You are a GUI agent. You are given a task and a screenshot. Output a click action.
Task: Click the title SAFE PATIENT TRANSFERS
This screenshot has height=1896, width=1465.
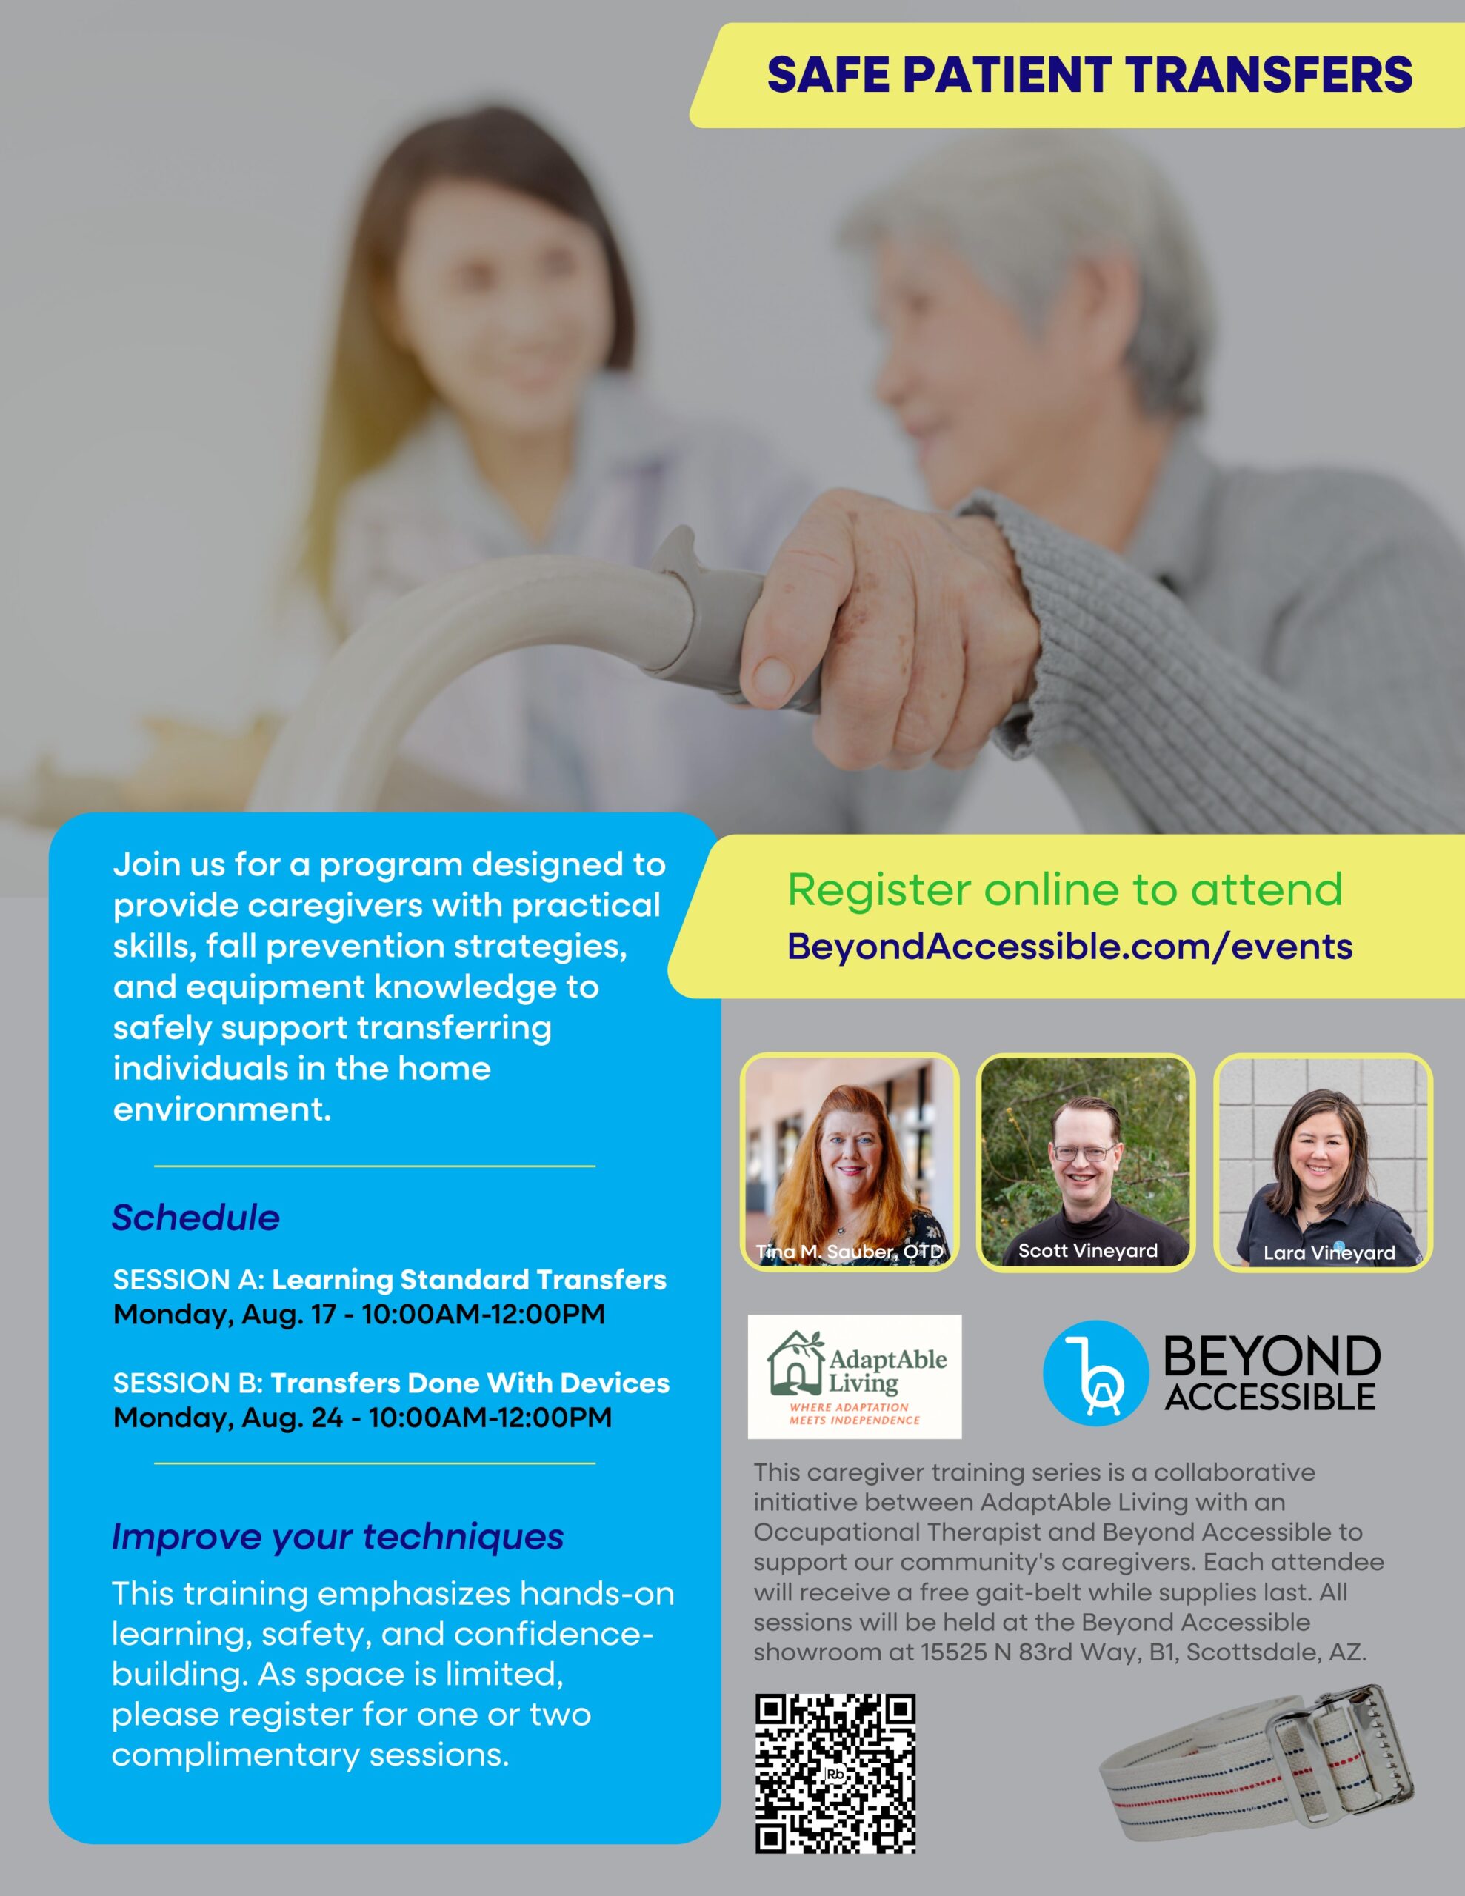click(x=1089, y=75)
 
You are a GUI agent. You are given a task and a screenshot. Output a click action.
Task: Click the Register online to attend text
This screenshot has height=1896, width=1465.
click(x=1064, y=889)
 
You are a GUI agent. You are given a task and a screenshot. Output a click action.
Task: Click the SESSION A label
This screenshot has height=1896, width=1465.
click(x=188, y=1280)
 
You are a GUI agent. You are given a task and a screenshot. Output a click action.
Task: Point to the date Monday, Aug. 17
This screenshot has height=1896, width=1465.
click(x=224, y=1315)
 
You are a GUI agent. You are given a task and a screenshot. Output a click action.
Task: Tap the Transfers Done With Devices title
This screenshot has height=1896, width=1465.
click(x=470, y=1383)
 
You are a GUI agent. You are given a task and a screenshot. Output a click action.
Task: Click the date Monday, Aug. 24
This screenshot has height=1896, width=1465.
click(x=228, y=1418)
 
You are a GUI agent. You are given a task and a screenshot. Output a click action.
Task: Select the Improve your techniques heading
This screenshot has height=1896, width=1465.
click(x=338, y=1536)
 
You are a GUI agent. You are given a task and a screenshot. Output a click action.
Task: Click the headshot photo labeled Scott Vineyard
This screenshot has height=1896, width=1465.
click(x=1086, y=1161)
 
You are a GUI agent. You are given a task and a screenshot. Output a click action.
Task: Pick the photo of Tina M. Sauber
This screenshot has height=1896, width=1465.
click(x=850, y=1161)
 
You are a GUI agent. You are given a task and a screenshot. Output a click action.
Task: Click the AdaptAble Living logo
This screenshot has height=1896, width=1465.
click(x=855, y=1377)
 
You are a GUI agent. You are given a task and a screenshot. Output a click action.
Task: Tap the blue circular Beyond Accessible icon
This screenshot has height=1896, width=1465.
click(x=1095, y=1372)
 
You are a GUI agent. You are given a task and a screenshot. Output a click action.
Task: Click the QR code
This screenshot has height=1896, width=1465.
click(x=835, y=1774)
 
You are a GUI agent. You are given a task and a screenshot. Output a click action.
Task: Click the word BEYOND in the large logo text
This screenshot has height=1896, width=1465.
click(x=1272, y=1356)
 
